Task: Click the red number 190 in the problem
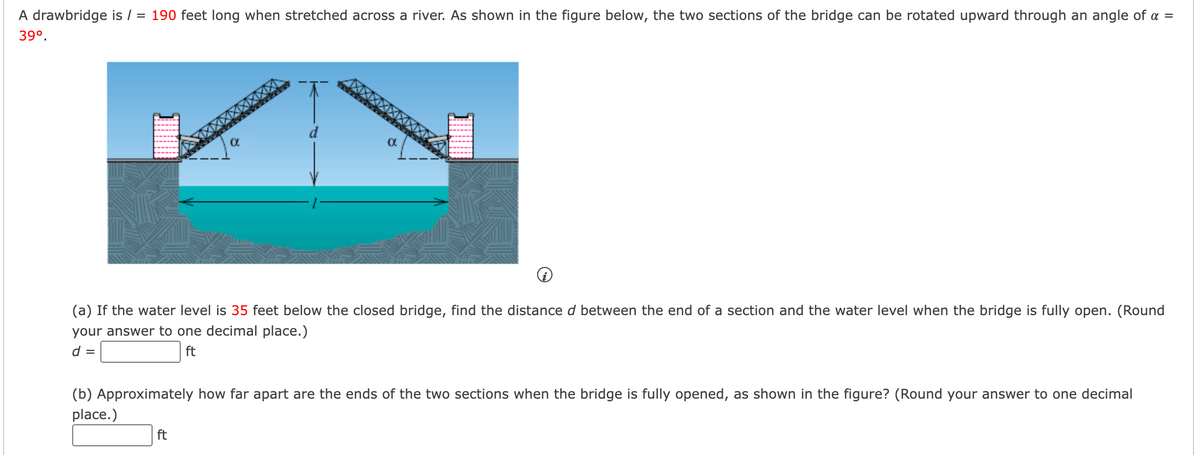163,15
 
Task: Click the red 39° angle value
31,36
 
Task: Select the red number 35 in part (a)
239,311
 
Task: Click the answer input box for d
140,351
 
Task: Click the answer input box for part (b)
112,435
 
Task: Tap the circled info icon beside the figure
544,275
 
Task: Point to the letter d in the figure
313,133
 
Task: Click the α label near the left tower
234,141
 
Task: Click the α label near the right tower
392,141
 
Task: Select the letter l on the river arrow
314,203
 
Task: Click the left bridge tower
166,136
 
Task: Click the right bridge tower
461,136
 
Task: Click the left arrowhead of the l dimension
183,202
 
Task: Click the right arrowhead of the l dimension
443,202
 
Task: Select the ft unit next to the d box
190,351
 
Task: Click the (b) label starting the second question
82,394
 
